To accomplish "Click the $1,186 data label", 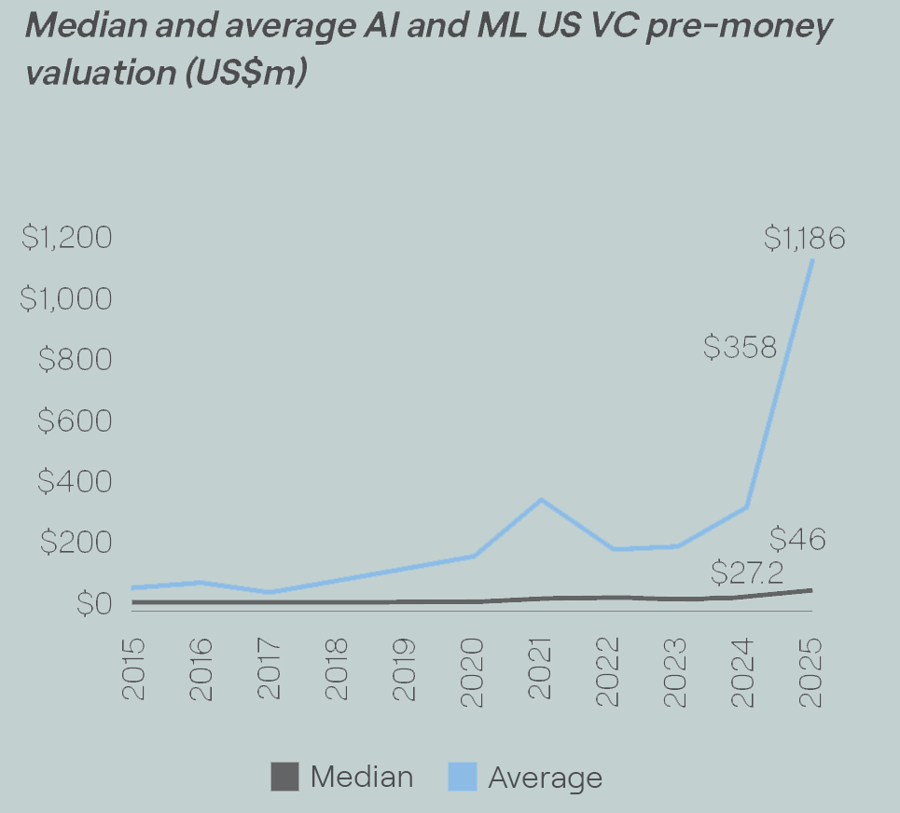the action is pos(805,238).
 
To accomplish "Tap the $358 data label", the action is pos(740,347).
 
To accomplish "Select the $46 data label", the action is pos(797,539).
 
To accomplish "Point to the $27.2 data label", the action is pos(747,572).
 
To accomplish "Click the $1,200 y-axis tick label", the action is pos(66,237).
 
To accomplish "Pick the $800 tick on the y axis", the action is pos(76,360).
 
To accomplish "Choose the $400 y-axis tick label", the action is pos(75,481).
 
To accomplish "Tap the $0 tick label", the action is pos(94,603).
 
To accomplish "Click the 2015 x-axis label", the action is pos(133,669).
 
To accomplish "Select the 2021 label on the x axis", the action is pos(540,668).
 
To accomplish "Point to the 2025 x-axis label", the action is pos(810,672).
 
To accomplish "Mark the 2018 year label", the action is pos(337,669).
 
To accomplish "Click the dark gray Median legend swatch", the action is pos(284,777).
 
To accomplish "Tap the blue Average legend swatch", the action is pos(463,777).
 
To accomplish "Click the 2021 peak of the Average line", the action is pos(541,501).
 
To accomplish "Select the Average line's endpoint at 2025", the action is pos(811,260).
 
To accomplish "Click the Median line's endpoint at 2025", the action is pos(811,590).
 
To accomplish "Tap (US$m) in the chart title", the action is pos(246,73).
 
